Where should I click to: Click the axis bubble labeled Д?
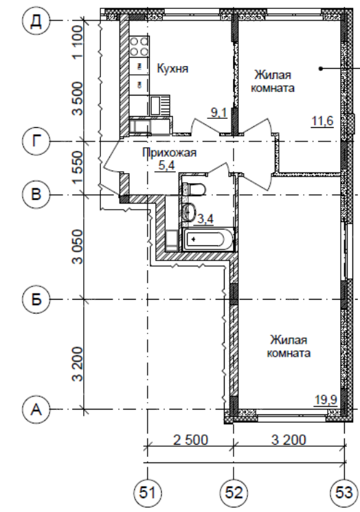(36, 21)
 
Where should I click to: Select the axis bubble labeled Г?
(36, 142)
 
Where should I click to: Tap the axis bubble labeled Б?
(36, 299)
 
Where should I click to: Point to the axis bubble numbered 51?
(148, 492)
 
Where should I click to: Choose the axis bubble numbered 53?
(344, 492)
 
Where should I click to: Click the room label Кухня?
(172, 69)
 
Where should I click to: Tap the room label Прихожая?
(170, 153)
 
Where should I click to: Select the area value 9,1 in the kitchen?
(218, 113)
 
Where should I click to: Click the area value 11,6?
(322, 121)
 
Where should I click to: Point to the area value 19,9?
(326, 400)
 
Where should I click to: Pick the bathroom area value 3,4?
(205, 219)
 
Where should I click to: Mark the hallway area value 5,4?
(166, 165)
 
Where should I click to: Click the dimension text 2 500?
(190, 440)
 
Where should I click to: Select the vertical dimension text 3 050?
(78, 247)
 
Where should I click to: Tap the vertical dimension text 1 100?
(78, 43)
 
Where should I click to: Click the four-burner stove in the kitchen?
(139, 46)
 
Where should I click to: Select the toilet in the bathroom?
(194, 189)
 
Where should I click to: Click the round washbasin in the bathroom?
(190, 212)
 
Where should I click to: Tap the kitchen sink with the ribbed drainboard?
(160, 105)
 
